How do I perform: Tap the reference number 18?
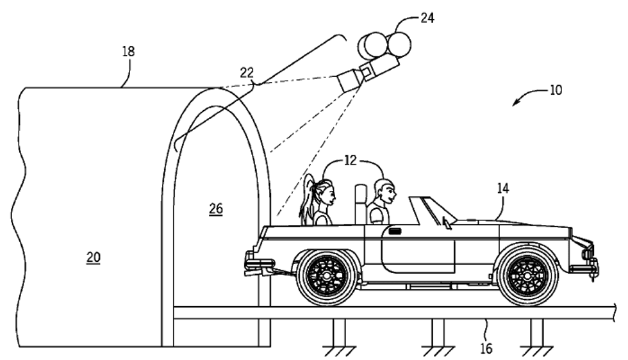[x=128, y=51]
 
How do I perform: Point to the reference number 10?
[x=555, y=90]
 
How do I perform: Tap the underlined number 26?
[x=215, y=209]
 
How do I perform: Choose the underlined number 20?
[x=94, y=258]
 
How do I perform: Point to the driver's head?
[x=384, y=190]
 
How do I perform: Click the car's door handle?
[x=395, y=231]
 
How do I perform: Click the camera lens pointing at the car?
[x=348, y=81]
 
